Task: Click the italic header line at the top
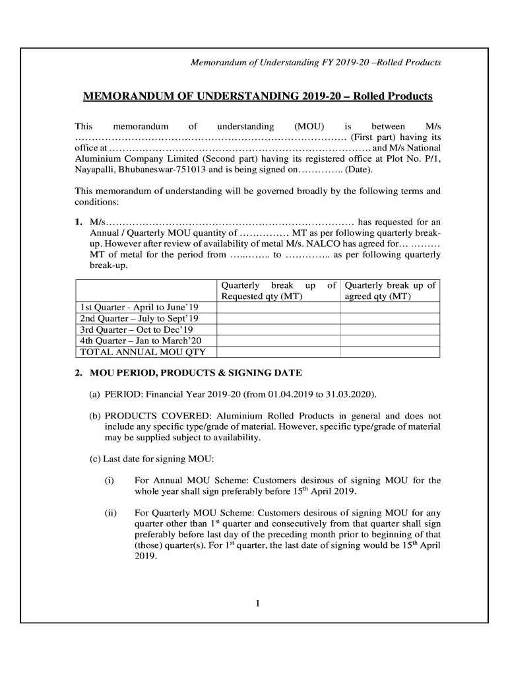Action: click(x=315, y=63)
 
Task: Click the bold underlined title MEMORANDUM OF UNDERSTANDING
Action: click(x=257, y=96)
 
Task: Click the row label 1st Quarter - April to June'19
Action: click(x=139, y=308)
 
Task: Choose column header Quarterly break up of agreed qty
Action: click(x=390, y=291)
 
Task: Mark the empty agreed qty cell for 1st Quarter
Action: click(x=389, y=308)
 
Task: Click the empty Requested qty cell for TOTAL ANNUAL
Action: click(x=278, y=352)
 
